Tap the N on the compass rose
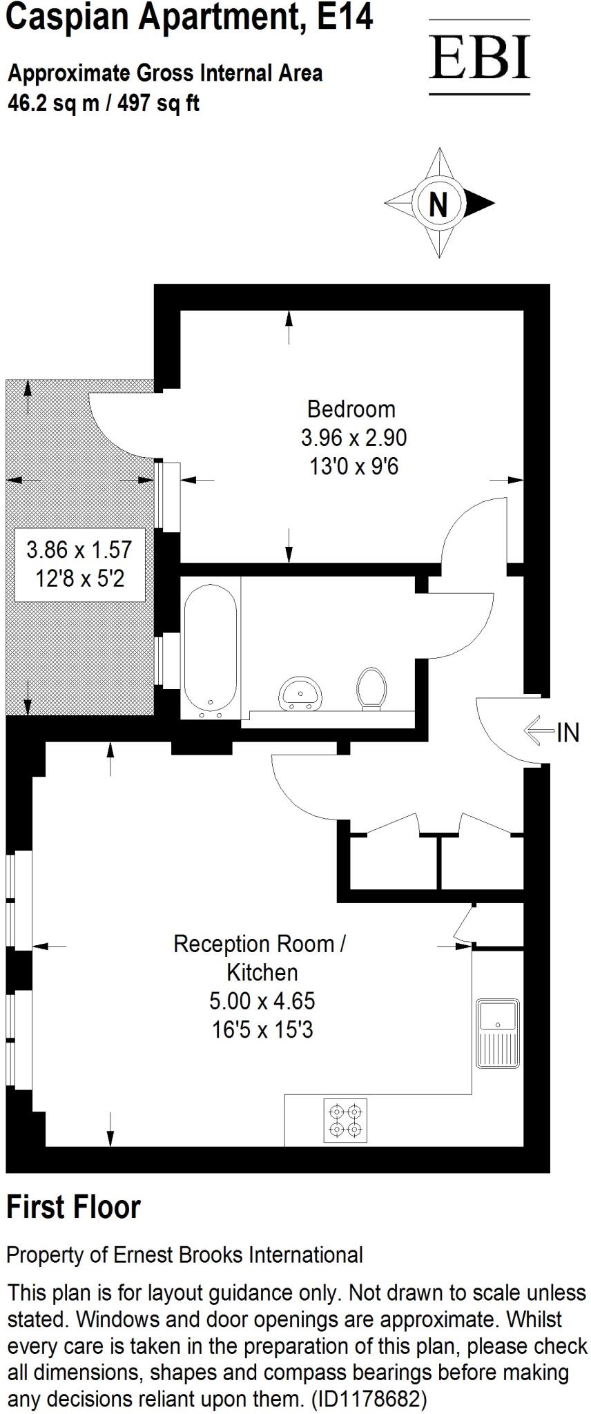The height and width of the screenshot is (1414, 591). click(x=438, y=204)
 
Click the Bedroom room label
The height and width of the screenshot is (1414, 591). click(x=351, y=409)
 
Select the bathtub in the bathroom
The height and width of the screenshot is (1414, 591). click(x=211, y=648)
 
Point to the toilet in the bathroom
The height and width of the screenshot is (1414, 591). click(x=372, y=688)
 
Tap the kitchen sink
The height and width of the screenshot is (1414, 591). click(x=497, y=1033)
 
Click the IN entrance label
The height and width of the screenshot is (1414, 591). click(x=568, y=733)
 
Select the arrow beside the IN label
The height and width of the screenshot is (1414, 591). click(x=539, y=731)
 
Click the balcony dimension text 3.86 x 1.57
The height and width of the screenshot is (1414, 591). click(x=79, y=550)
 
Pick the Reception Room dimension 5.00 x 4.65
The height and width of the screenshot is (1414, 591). click(x=262, y=1000)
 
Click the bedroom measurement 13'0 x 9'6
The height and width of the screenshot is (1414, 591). click(x=353, y=467)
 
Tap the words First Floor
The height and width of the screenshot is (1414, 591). click(x=73, y=1207)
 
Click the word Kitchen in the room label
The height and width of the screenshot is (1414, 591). click(x=262, y=972)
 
